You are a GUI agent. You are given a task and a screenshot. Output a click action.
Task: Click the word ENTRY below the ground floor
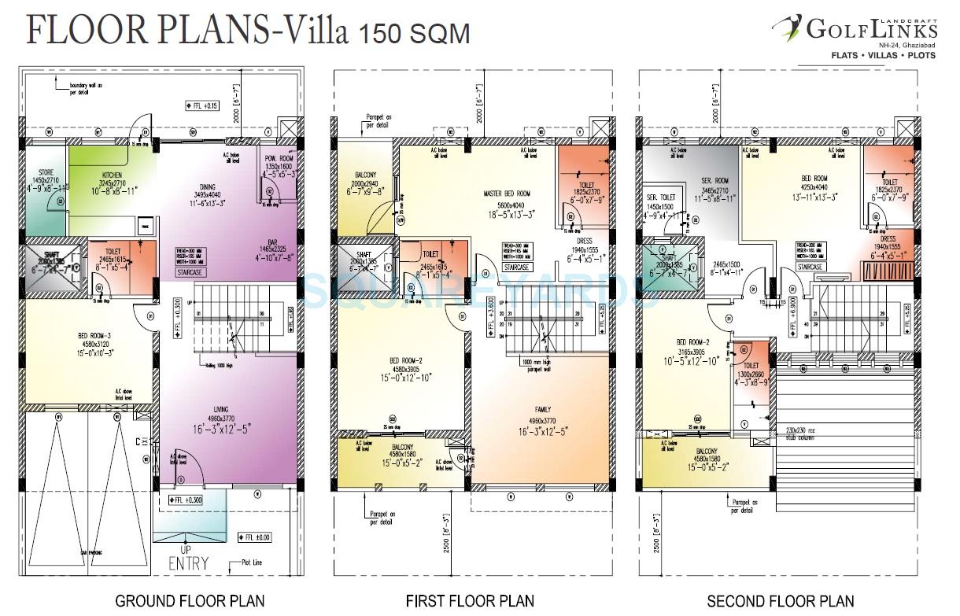(188, 563)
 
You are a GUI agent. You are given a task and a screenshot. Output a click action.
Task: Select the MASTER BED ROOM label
(507, 193)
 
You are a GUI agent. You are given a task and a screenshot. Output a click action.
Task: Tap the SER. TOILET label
(662, 197)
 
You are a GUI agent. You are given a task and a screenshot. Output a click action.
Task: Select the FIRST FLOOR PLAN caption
(471, 602)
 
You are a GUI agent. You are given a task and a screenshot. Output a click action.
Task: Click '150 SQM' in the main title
(415, 34)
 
